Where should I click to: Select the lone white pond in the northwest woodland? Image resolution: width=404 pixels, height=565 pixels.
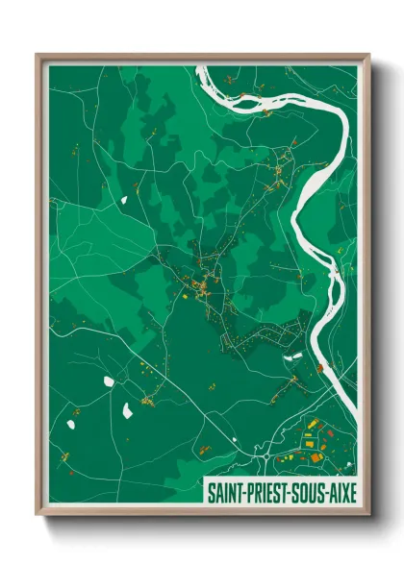pyautogui.click(x=123, y=200)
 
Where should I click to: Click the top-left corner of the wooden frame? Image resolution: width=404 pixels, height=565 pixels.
pyautogui.click(x=37, y=55)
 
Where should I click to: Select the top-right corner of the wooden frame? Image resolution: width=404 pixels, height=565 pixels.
pyautogui.click(x=369, y=55)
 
